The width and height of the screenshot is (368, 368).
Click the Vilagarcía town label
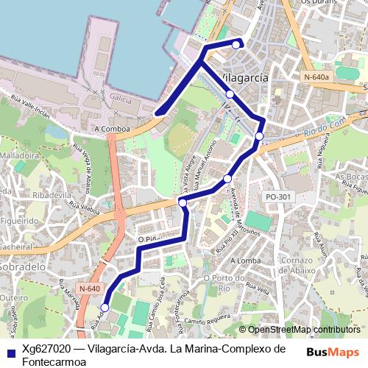[x=243, y=77]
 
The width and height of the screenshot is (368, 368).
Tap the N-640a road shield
[x=316, y=76]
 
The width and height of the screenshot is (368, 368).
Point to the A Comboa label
[x=112, y=128]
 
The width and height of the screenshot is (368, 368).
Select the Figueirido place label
[x=21, y=219]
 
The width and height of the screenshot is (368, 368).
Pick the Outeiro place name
[x=15, y=297]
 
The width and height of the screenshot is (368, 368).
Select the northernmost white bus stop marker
[x=236, y=44]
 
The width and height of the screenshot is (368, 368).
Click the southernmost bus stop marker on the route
[x=105, y=308]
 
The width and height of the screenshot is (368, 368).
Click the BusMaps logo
[x=333, y=352]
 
